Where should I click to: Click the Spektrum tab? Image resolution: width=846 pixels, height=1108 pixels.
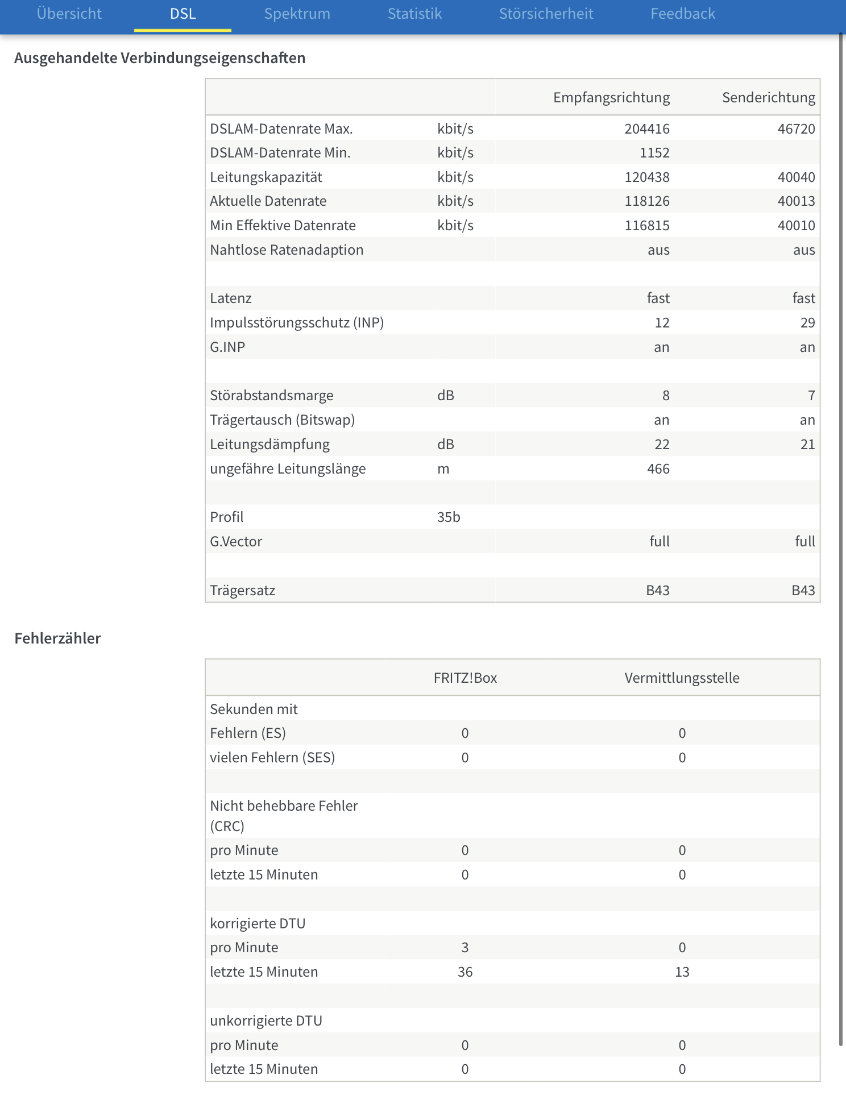[297, 14]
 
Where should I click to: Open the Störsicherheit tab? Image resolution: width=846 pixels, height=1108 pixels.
[546, 14]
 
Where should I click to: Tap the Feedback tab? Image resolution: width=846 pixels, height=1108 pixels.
[682, 14]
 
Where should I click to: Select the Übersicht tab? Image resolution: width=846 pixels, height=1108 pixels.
[69, 14]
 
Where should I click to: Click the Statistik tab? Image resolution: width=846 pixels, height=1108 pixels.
[414, 14]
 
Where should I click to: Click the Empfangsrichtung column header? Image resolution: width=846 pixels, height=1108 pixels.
[611, 98]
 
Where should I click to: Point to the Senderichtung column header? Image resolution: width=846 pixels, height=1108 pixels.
[768, 98]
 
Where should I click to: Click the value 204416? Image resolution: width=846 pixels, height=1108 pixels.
[647, 129]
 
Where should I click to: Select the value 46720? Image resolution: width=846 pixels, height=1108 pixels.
[796, 129]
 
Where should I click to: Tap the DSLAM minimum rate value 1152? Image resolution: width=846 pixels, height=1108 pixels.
[654, 153]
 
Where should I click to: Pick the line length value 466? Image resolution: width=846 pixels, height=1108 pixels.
[658, 469]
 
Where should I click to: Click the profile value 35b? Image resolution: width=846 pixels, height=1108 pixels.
[449, 517]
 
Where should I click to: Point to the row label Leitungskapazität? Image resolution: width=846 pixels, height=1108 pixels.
[266, 177]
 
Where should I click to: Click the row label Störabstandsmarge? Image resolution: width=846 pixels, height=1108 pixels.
[272, 396]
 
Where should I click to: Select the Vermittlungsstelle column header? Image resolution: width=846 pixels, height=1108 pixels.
[682, 678]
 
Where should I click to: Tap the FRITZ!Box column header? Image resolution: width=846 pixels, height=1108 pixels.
[465, 678]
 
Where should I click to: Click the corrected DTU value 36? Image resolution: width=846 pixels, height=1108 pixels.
[465, 972]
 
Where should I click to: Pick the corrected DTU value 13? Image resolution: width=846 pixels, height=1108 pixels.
[682, 972]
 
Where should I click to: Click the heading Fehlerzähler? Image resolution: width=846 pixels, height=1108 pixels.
[57, 638]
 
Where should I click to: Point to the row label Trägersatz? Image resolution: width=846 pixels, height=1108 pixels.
[243, 591]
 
